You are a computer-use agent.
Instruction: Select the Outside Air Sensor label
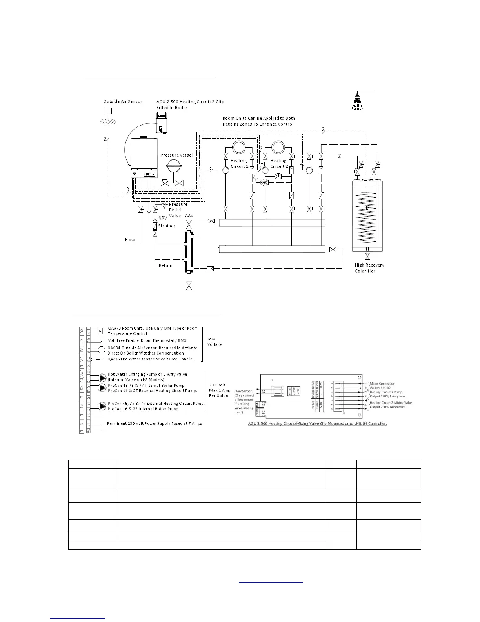123,101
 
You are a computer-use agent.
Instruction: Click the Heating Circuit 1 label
239,163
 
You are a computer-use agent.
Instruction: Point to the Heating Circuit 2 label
279,163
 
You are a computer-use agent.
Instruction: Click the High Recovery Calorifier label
369,268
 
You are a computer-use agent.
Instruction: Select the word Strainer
167,226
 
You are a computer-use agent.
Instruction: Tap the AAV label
189,216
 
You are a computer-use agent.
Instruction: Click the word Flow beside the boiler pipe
130,240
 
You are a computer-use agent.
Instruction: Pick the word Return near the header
165,265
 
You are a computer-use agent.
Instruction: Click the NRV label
163,218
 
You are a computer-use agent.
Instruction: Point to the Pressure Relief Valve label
178,210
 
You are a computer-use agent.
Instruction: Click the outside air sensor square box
108,111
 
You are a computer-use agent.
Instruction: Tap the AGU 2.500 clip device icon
161,123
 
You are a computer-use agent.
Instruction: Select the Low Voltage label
215,342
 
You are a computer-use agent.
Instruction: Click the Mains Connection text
382,384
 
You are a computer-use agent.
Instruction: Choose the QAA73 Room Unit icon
101,329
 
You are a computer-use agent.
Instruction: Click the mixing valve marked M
265,183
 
